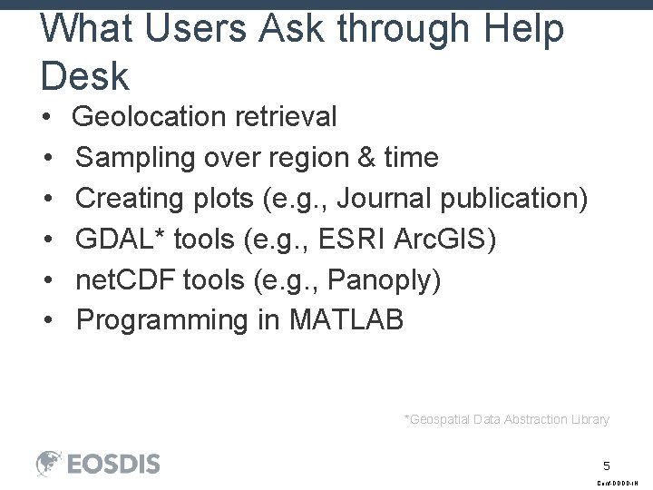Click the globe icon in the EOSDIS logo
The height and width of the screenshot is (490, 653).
[49, 463]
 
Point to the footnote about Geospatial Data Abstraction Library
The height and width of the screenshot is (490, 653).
[506, 419]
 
